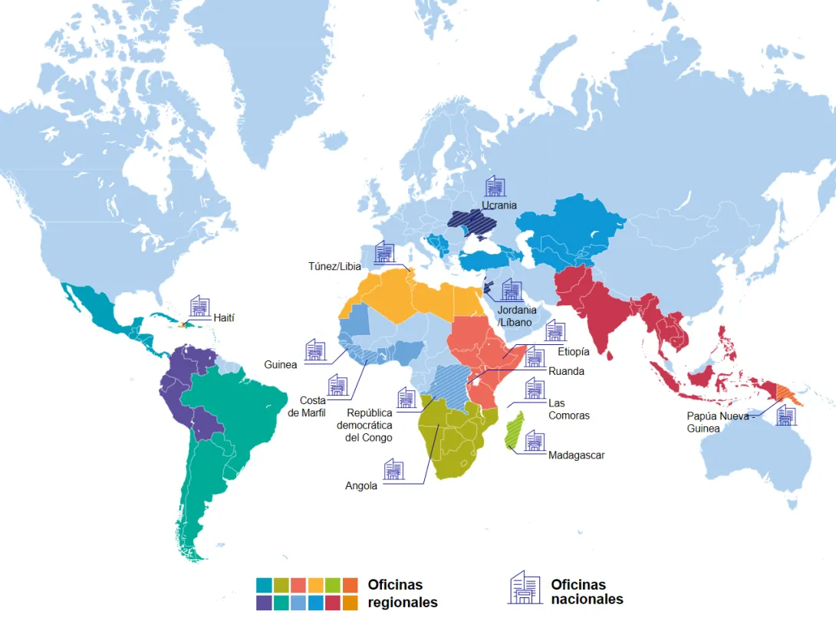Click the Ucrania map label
499,205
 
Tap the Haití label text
225,317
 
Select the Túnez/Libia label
335,266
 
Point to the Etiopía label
574,352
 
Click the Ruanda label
566,372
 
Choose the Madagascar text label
576,455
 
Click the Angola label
361,485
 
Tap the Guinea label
280,365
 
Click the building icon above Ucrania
495,186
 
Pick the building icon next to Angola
393,469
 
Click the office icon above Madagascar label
535,440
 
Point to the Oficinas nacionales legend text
587,592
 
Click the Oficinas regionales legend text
402,593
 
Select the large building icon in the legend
525,587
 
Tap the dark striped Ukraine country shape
476,224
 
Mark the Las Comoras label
568,409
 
